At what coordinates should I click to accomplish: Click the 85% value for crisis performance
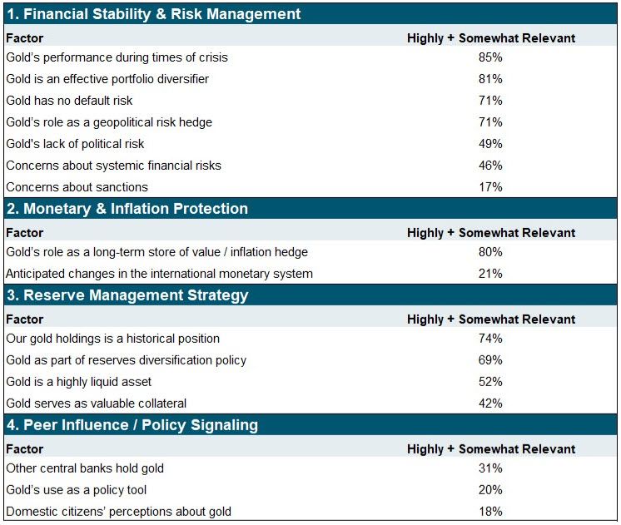tap(490, 57)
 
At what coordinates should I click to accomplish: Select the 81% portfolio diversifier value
tap(490, 79)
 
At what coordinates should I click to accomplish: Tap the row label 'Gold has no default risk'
tap(69, 101)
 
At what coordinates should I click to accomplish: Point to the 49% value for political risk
tap(490, 144)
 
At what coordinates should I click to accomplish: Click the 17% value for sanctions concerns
tap(490, 187)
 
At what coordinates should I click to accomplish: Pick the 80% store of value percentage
tap(490, 252)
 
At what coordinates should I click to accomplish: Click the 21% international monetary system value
tap(490, 274)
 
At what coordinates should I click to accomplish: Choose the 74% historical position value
tap(490, 339)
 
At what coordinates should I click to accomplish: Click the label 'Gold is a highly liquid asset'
tap(79, 382)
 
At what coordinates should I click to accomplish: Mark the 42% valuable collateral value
tap(490, 404)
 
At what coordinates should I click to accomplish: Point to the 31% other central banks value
tap(490, 468)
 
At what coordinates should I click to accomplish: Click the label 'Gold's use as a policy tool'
tap(77, 490)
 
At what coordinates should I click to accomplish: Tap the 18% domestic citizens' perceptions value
tap(490, 512)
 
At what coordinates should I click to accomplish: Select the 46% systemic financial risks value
tap(490, 166)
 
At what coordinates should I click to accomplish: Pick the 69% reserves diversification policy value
tap(490, 360)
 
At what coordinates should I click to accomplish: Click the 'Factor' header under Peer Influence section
tap(24, 449)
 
